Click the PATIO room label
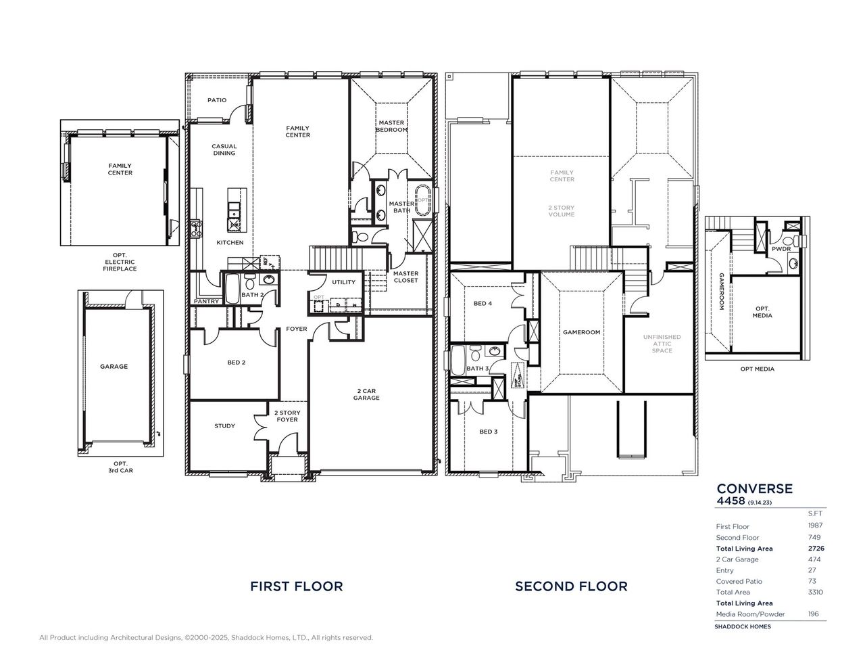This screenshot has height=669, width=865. tap(217, 100)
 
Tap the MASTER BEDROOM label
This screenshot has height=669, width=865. tap(391, 126)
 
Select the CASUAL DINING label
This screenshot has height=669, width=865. tap(224, 149)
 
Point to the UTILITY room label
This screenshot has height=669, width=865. tap(343, 282)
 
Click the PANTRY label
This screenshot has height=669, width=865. tap(206, 301)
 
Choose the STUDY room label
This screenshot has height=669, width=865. tap(225, 425)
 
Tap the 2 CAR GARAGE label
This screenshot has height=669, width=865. tap(369, 394)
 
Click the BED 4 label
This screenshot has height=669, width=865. tap(483, 304)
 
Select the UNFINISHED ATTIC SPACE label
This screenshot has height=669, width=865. tap(662, 343)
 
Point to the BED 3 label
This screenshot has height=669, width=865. tap(488, 431)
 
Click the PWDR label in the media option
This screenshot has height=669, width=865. tap(781, 249)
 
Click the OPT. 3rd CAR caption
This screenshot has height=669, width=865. tap(120, 466)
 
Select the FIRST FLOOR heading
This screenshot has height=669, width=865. tap(296, 586)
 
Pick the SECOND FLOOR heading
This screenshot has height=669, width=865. tap(571, 586)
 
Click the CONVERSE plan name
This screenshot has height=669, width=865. tap(754, 488)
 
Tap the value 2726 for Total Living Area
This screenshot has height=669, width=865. tap(816, 549)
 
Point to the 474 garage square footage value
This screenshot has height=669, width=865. tap(814, 559)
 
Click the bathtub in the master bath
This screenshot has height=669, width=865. tap(423, 200)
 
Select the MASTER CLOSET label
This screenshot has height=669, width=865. tap(405, 277)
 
